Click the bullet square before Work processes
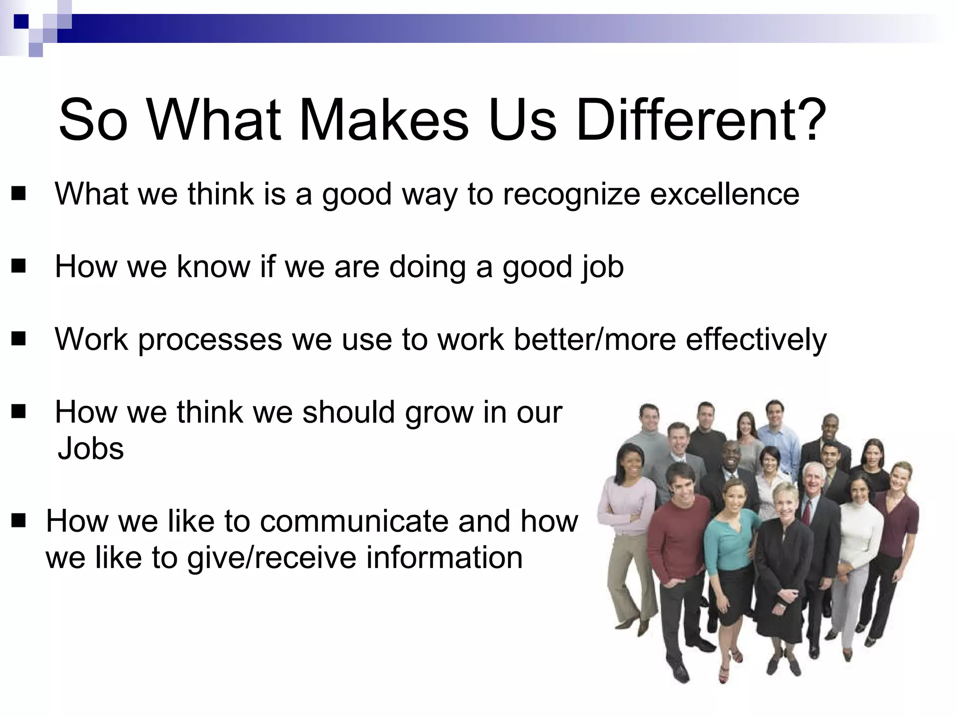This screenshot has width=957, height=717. click(19, 339)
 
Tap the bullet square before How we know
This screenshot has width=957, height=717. click(19, 267)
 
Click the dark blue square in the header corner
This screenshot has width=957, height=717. click(21, 21)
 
